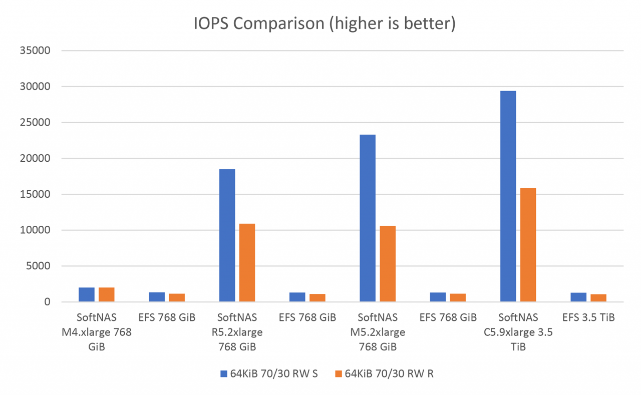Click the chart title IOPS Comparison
coord(325,24)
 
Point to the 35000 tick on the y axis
coord(35,51)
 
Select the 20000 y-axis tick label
coord(35,158)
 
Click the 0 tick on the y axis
coord(47,302)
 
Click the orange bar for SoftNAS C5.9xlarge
coord(528,245)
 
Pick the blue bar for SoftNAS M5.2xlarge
coord(368,218)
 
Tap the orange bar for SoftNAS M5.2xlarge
coord(388,264)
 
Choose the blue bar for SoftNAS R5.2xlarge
coord(227,235)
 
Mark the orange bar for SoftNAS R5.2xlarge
coord(247,263)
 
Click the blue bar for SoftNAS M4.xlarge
coord(87,295)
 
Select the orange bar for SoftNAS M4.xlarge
coord(107,295)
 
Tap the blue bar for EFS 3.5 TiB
coord(578,297)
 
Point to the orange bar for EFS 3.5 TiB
coord(598,298)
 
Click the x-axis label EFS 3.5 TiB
coord(588,317)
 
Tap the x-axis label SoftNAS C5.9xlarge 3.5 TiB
coord(518,332)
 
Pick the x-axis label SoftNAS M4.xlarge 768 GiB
coord(97,332)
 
